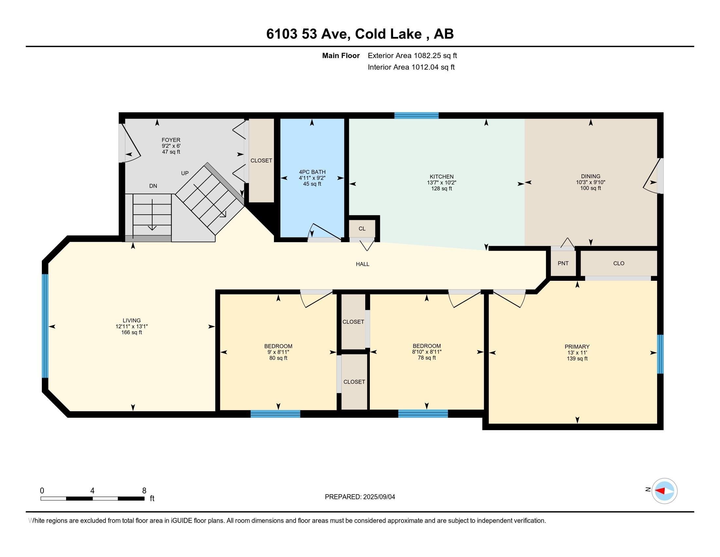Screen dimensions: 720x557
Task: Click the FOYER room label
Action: click(x=171, y=140)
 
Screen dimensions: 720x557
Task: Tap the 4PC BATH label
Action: click(x=312, y=172)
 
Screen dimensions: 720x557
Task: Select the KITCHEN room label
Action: click(x=441, y=177)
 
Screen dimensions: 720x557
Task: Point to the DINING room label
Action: click(x=590, y=176)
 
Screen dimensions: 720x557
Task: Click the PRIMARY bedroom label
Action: click(x=577, y=346)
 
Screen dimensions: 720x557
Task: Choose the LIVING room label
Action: click(x=132, y=320)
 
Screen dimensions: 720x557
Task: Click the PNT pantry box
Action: click(x=563, y=263)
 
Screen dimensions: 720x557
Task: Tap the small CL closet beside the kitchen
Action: click(x=362, y=229)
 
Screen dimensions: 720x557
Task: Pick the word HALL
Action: click(x=362, y=264)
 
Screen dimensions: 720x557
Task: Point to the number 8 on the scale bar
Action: click(x=144, y=491)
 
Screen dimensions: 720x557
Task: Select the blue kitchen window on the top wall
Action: click(x=416, y=115)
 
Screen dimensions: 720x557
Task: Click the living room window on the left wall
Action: click(x=45, y=326)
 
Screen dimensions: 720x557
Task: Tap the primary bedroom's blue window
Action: click(x=660, y=354)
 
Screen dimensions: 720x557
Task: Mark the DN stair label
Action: click(x=153, y=186)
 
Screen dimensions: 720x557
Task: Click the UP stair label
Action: click(x=185, y=173)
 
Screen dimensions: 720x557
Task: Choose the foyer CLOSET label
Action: click(x=261, y=161)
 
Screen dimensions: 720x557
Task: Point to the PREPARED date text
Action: click(x=360, y=497)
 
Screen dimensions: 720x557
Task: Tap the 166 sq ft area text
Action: click(x=132, y=332)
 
